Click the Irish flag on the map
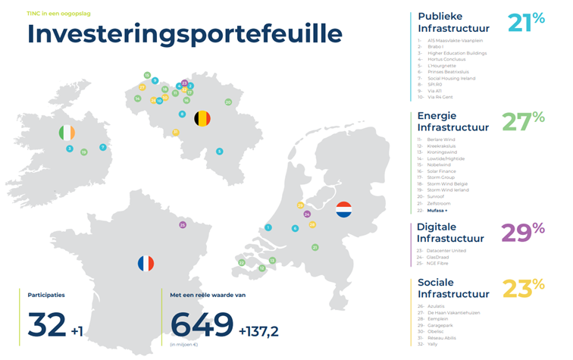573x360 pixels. click(67, 133)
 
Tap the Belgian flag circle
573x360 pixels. click(202, 118)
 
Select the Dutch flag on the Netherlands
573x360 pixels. click(343, 208)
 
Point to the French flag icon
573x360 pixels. click(146, 263)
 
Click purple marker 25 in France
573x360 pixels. click(182, 224)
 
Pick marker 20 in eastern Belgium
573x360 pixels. click(228, 102)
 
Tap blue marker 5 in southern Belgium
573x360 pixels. click(219, 152)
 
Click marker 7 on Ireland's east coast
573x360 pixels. click(102, 147)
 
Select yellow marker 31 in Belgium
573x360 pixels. click(175, 132)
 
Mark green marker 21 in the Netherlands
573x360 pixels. click(315, 247)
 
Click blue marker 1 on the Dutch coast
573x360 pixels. click(268, 227)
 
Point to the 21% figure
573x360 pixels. click(526, 23)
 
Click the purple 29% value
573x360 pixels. click(522, 233)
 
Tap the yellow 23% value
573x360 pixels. click(523, 289)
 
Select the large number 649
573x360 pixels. click(202, 324)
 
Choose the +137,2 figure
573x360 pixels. click(259, 330)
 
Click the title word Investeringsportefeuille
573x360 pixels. click(184, 34)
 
